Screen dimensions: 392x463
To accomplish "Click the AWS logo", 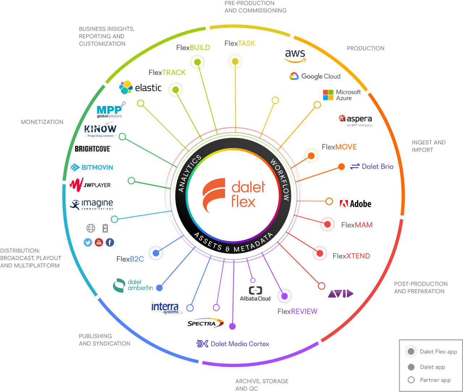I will click(295, 55).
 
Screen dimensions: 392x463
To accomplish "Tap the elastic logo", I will click(140, 87).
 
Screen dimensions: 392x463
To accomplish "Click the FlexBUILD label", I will click(193, 47).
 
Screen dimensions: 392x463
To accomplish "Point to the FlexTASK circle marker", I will click(235, 62).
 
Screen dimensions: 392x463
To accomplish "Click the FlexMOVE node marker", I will click(311, 156).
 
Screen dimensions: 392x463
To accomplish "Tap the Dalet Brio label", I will click(372, 167).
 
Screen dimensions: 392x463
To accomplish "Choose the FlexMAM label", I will click(357, 225).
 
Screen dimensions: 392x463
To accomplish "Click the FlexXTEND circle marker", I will click(320, 253).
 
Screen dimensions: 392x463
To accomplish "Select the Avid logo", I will click(340, 294).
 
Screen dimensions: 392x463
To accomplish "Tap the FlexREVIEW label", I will click(297, 311).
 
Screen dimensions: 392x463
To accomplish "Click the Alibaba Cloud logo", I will click(255, 294).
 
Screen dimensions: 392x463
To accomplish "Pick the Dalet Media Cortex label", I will click(233, 344).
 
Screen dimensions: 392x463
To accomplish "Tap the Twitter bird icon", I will click(88, 243).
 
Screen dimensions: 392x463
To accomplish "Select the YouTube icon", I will click(99, 243).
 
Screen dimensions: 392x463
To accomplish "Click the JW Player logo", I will click(90, 185).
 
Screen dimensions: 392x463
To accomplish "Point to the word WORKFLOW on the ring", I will click(280, 180).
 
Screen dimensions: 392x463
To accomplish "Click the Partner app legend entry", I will click(430, 380).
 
